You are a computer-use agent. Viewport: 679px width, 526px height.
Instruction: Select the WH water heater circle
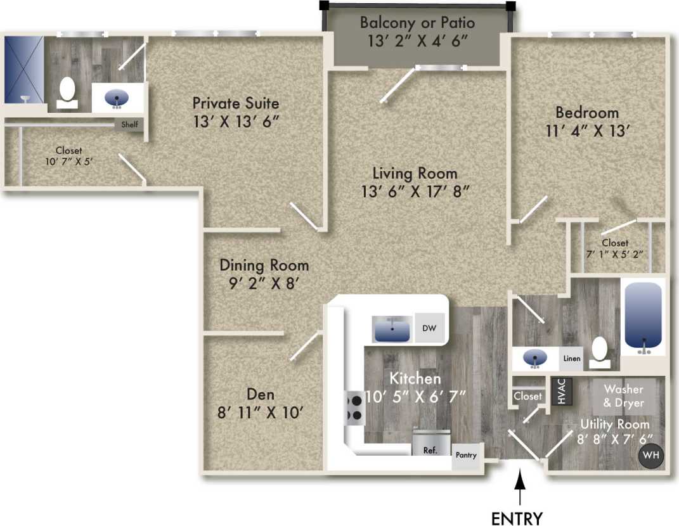coord(650,456)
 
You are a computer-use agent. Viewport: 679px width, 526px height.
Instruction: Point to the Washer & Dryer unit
coord(623,396)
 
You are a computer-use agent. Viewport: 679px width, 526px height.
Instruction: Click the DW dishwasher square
coord(429,328)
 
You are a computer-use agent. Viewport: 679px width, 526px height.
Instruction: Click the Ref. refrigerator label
coord(431,451)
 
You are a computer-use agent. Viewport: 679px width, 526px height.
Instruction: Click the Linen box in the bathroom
coord(571,359)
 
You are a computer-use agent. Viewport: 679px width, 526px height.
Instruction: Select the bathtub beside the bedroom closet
coord(643,318)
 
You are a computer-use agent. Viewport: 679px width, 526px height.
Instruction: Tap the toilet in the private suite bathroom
coord(67,91)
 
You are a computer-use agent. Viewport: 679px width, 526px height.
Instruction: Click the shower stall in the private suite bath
coord(24,70)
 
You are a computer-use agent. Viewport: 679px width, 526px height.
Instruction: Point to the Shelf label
coord(129,125)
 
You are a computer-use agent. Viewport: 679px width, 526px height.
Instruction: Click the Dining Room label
coord(264,265)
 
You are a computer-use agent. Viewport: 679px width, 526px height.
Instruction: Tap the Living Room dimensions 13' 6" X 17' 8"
coord(415,192)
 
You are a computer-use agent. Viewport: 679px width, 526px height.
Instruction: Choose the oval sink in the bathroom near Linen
coord(536,359)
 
